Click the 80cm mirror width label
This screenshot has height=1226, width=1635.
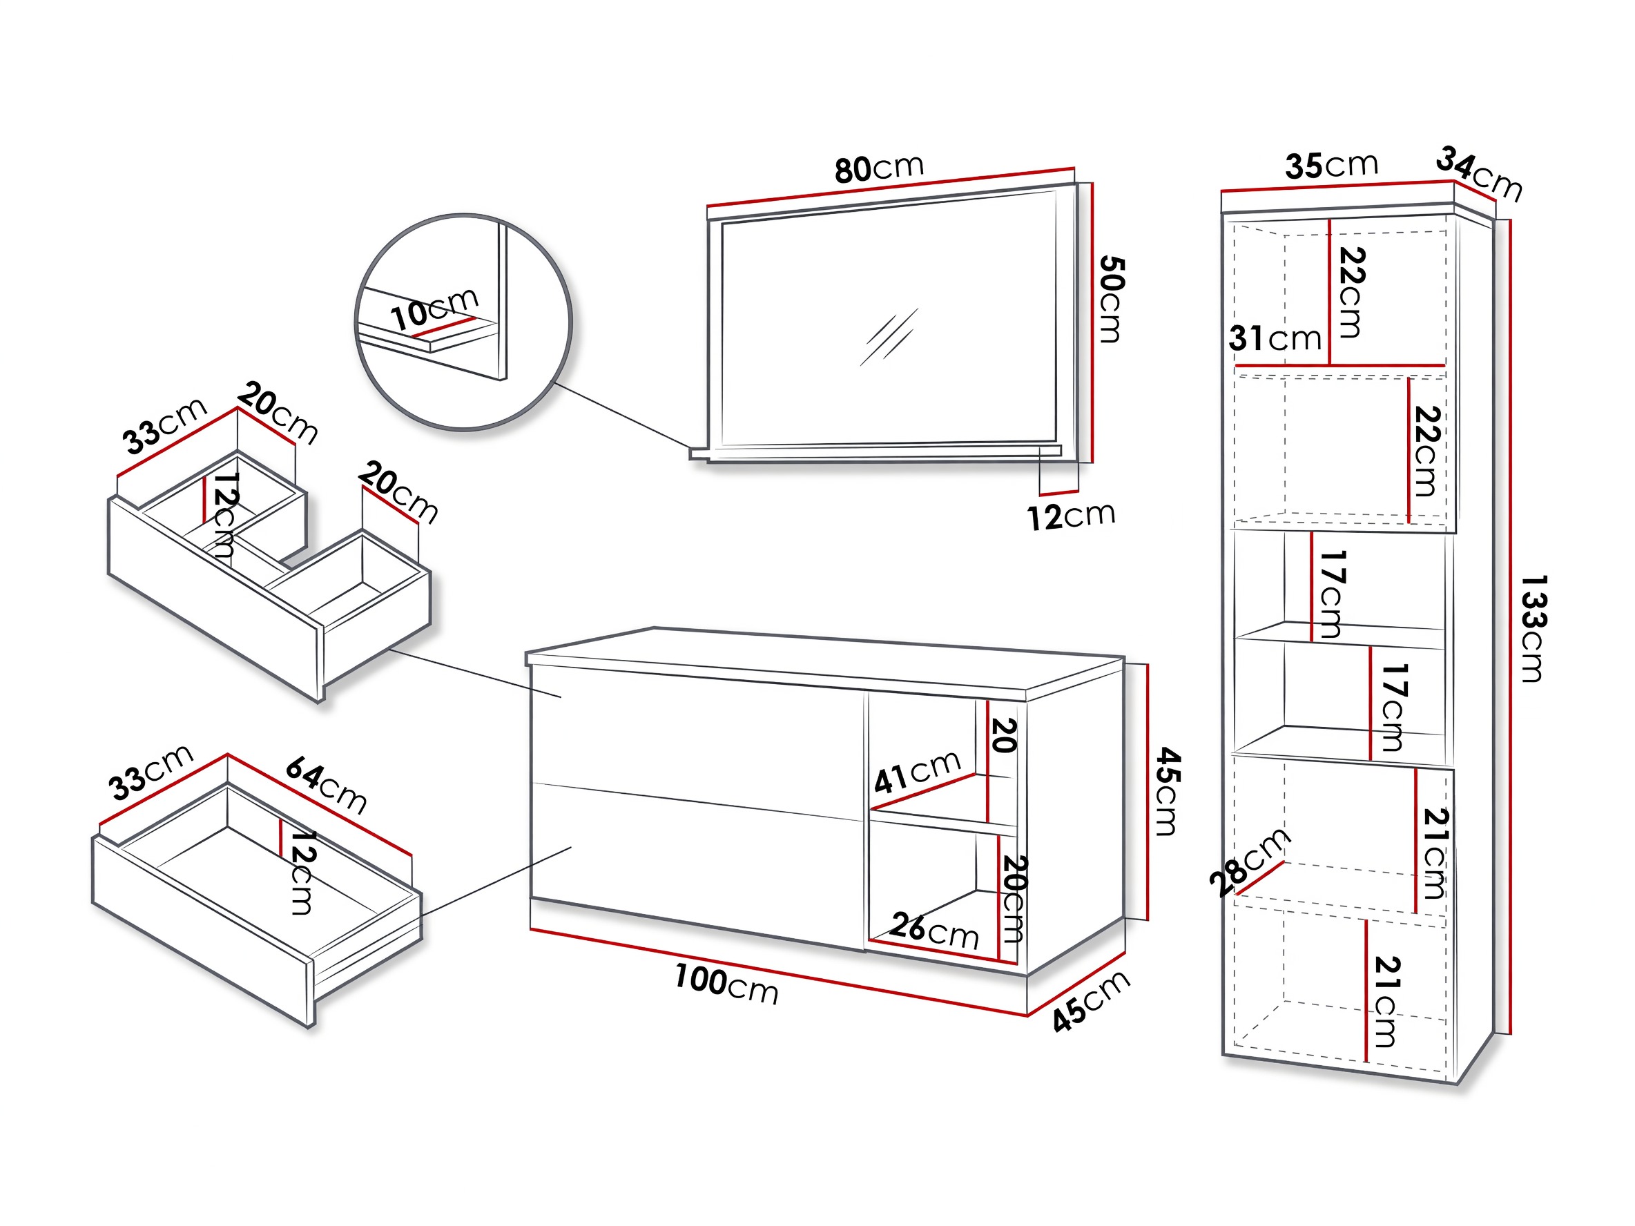(x=879, y=168)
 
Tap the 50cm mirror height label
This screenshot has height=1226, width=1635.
(x=1111, y=300)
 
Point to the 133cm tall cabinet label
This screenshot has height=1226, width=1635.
(x=1533, y=628)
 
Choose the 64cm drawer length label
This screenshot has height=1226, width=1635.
(x=326, y=784)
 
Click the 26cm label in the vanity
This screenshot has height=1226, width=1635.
(x=935, y=931)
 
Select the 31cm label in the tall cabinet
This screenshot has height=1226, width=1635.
(x=1275, y=338)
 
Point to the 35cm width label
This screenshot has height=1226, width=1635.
(x=1331, y=165)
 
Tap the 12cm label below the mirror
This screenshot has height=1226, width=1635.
(x=1071, y=516)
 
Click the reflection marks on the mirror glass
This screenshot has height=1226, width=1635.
(x=889, y=337)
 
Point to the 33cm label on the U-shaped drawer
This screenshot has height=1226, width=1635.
(x=165, y=427)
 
